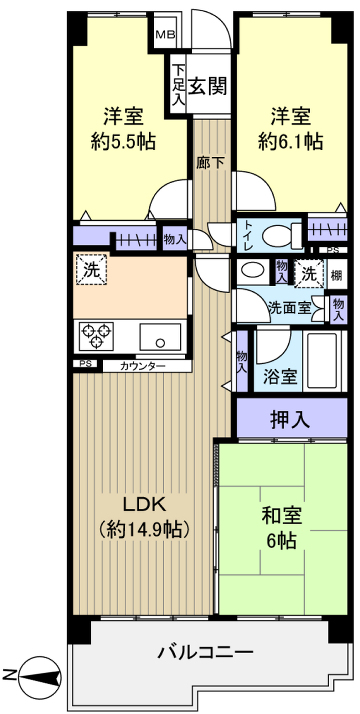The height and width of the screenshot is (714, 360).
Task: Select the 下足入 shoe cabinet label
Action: [x=178, y=85]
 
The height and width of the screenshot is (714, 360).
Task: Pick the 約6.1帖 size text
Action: [x=288, y=140]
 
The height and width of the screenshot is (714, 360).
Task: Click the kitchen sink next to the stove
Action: [x=160, y=333]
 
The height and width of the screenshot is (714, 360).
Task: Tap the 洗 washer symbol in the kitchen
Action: [x=91, y=269]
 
